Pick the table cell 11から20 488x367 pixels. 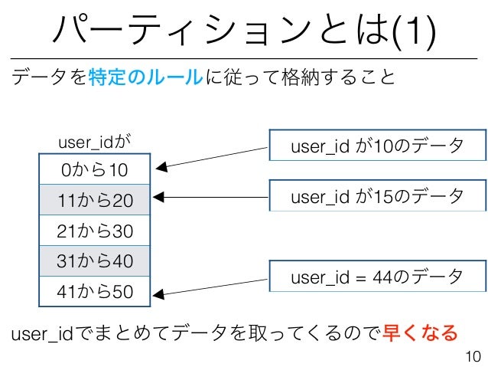tap(96, 200)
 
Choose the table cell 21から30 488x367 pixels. tap(96, 231)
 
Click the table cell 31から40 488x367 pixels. tap(96, 261)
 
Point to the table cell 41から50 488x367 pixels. tap(96, 291)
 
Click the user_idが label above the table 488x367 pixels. tap(95, 141)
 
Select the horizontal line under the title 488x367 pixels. tap(244, 58)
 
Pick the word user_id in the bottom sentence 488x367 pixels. tap(37, 333)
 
